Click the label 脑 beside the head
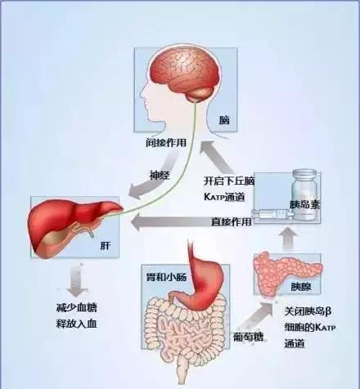224,120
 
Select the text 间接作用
166,142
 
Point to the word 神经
160,175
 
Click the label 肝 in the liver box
106,246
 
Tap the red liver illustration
74,227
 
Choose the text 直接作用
231,221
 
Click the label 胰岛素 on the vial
304,204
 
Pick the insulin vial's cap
304,173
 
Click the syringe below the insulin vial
272,214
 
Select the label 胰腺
301,287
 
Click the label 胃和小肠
166,277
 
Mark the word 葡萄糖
248,337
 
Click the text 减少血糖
76,307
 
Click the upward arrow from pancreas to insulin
288,239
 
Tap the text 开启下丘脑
229,181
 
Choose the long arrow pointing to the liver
191,222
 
